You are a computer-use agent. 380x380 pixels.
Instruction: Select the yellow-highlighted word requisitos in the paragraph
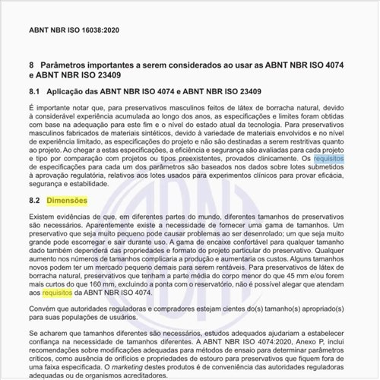(58, 292)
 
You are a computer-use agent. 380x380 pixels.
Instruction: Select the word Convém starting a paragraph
(43, 309)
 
